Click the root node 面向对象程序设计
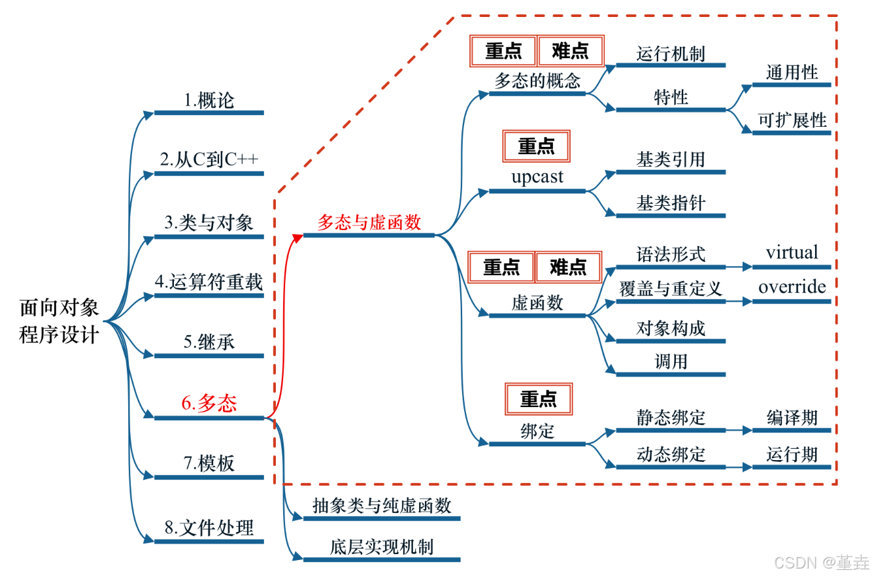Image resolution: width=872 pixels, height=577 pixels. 59,321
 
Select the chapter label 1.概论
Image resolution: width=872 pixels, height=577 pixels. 209,101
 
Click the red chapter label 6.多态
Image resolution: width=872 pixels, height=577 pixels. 209,404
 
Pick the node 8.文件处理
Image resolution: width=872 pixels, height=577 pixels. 209,528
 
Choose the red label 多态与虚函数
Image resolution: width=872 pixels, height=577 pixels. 369,222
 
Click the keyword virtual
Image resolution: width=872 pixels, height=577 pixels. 792,253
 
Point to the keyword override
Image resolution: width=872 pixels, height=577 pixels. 792,287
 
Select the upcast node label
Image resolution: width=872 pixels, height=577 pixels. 537,178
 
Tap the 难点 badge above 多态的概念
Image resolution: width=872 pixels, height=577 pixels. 570,50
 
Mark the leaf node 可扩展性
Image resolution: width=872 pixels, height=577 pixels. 792,121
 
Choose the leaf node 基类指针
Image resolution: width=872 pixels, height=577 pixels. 671,203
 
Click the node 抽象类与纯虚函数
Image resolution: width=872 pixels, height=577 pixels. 382,506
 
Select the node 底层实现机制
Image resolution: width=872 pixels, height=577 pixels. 382,547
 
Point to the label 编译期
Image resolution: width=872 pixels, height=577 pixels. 792,418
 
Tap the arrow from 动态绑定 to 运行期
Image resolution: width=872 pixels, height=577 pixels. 739,467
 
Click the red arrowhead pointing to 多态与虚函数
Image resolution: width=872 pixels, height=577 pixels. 297,237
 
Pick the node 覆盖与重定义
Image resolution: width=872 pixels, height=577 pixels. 671,288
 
